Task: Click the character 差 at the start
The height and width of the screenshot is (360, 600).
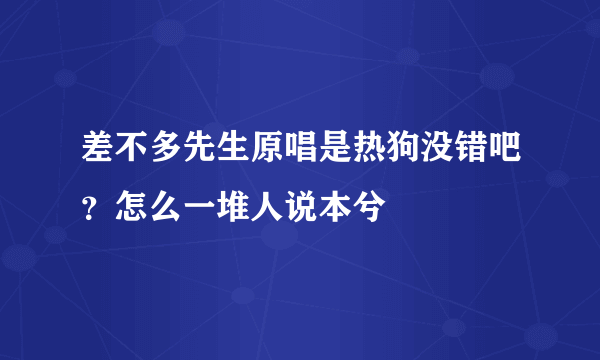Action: [x=98, y=156]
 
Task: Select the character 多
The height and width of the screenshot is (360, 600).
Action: [x=165, y=156]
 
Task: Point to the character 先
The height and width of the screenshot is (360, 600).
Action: [x=199, y=156]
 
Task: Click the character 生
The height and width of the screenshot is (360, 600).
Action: [x=233, y=156]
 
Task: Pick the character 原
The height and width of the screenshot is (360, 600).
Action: [x=267, y=156]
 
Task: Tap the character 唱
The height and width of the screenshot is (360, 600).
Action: [x=300, y=156]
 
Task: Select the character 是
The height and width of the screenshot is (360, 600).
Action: [x=334, y=156]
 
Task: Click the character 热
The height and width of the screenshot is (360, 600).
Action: [x=368, y=156]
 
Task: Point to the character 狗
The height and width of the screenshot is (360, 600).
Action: [x=402, y=156]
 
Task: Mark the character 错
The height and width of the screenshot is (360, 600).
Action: [x=469, y=156]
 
